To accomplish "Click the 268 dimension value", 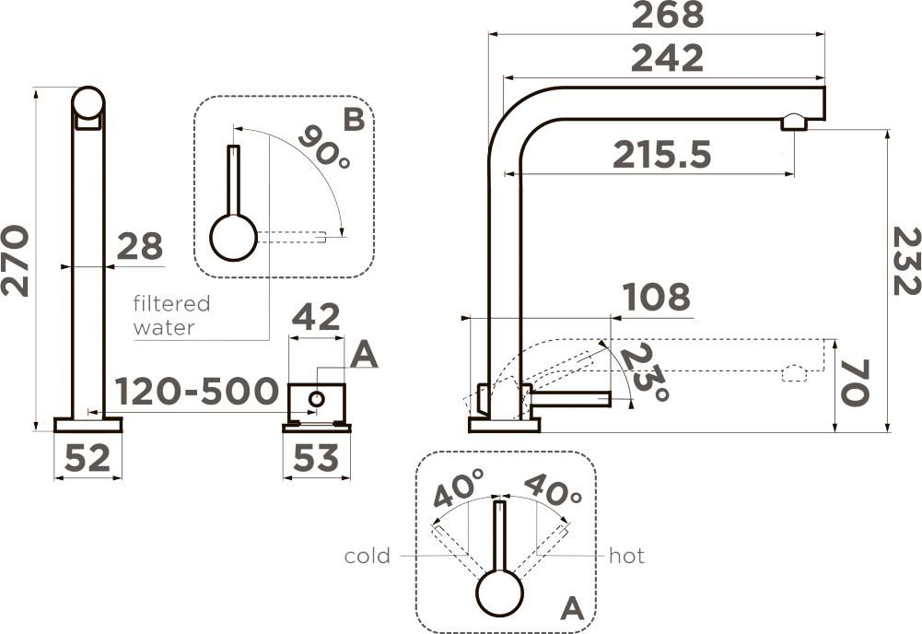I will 668,16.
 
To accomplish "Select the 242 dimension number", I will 668,59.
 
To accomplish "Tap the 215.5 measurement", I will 662,155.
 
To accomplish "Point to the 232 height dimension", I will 905,261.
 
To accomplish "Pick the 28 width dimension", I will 140,247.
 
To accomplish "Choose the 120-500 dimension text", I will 197,392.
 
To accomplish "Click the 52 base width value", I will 88,458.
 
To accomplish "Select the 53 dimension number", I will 316,458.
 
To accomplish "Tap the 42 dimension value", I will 316,318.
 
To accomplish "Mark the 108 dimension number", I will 657,298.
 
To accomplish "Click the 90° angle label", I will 324,147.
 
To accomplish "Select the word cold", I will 368,556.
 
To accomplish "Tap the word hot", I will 627,556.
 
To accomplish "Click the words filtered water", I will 171,315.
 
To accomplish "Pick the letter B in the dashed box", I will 355,120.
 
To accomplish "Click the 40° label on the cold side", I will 459,488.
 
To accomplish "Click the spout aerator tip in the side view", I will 793,123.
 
